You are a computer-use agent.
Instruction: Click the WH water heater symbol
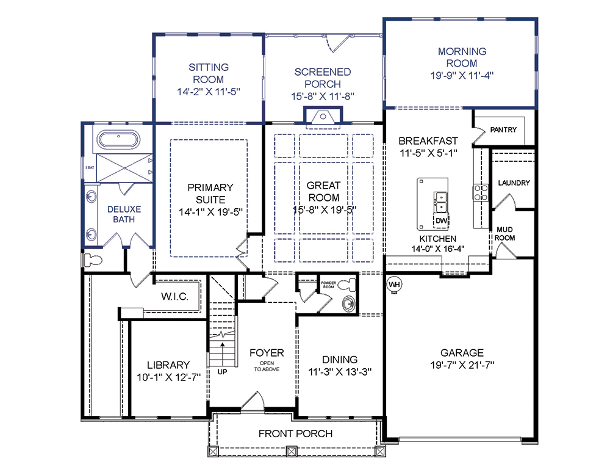coord(394,285)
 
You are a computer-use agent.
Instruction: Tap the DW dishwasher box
coord(441,220)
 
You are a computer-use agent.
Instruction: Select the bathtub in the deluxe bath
coord(118,140)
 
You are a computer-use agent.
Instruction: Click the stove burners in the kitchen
coord(481,193)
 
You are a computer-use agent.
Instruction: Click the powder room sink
coord(348,303)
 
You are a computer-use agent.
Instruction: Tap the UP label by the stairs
coord(222,372)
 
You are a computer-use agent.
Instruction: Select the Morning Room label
coord(462,57)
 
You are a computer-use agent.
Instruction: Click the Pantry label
coord(503,129)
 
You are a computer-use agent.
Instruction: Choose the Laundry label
coord(514,183)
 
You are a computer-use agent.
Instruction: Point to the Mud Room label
coord(504,234)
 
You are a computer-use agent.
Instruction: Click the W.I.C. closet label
coord(174,297)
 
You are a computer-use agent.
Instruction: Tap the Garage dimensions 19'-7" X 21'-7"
coord(462,365)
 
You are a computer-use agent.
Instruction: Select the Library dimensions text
coord(168,377)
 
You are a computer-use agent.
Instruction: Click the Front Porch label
coord(296,434)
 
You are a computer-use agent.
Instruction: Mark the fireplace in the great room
coord(323,116)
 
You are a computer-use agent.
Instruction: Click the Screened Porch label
coord(323,78)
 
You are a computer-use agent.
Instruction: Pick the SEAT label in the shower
coord(90,167)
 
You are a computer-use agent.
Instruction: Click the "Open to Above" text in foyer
coord(267,366)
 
